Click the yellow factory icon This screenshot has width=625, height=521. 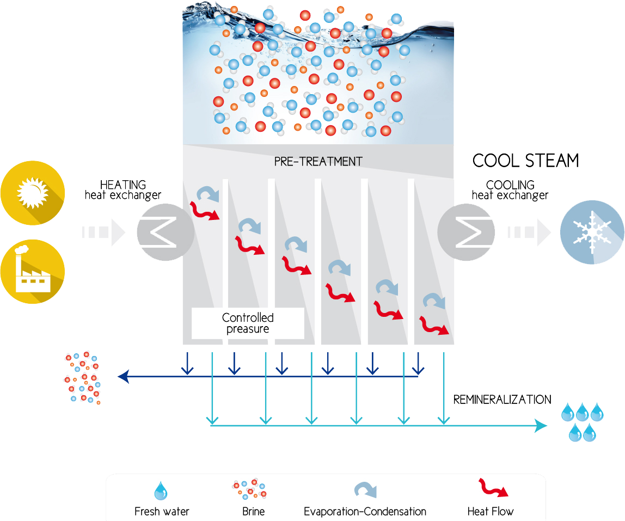tap(32, 272)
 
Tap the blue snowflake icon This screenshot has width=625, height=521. tap(592, 232)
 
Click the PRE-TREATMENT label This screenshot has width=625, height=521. tap(318, 162)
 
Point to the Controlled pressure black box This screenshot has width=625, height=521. tap(248, 323)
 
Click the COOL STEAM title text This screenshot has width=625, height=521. tap(525, 161)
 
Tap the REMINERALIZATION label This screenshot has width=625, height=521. tap(502, 400)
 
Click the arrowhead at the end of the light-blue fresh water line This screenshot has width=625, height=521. tap(542, 426)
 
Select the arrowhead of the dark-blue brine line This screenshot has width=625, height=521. tap(123, 376)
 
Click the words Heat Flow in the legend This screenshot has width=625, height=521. tap(490, 511)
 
